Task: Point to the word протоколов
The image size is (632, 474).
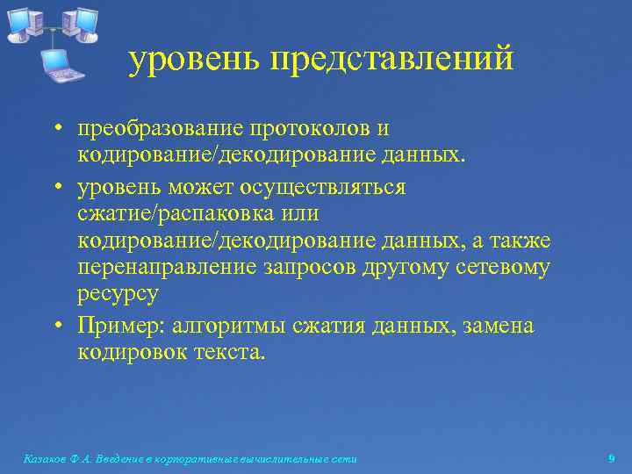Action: coord(310,129)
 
